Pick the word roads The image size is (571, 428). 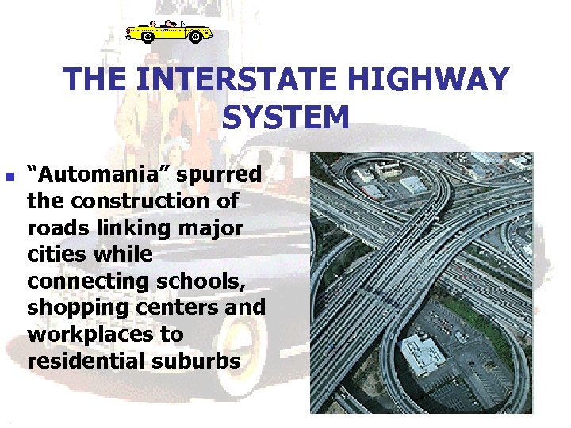click(56, 227)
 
